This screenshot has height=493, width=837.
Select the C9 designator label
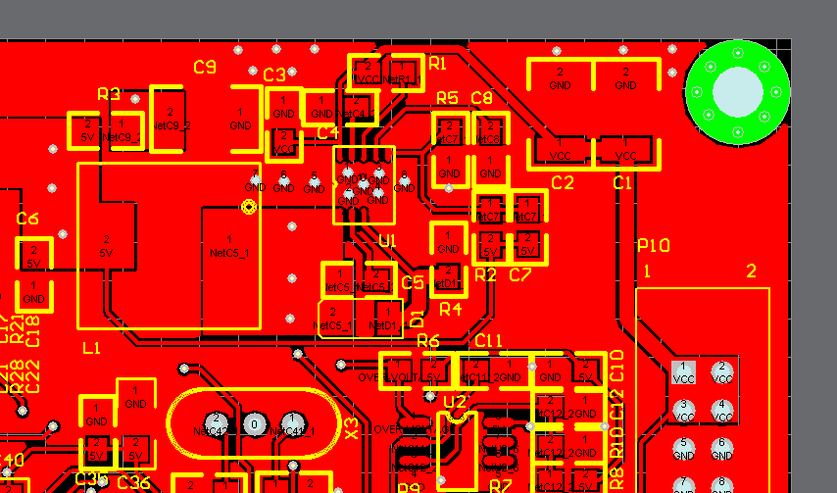[x=205, y=68]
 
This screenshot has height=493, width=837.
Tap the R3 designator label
[x=109, y=94]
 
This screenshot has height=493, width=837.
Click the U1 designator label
[x=388, y=241]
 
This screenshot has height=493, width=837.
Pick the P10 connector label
[x=654, y=245]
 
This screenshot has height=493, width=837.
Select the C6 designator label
[x=27, y=219]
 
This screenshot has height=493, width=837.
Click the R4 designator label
[x=450, y=310]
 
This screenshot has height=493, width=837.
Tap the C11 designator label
[x=488, y=340]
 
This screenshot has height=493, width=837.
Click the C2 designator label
[x=563, y=182]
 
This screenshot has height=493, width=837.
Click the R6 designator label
[x=428, y=340]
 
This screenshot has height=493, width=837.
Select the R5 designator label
[x=447, y=97]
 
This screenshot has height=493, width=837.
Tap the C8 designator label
[x=481, y=97]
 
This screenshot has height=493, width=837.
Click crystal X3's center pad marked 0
[x=254, y=424]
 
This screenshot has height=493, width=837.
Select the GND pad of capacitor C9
[x=241, y=120]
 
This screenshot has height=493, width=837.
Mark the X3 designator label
[x=352, y=428]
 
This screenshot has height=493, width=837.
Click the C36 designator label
[x=134, y=482]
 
